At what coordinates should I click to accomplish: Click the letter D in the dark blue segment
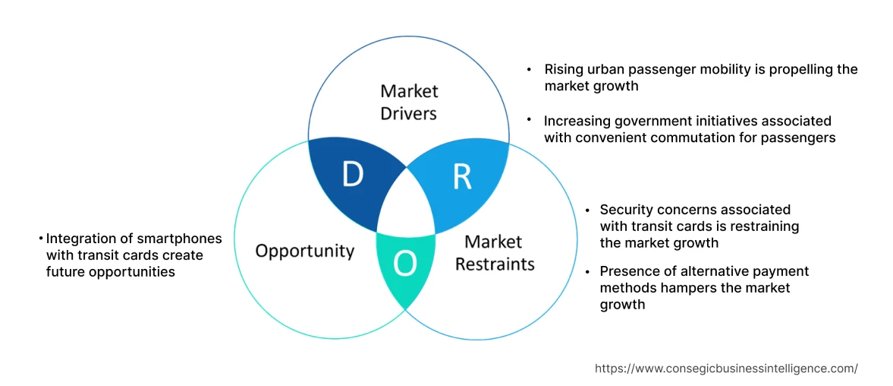352,175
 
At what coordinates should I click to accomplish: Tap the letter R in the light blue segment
462,176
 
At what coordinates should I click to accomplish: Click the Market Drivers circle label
409,103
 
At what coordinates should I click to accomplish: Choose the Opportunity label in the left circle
304,251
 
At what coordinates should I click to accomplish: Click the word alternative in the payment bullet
696,271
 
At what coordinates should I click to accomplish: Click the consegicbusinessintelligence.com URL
726,369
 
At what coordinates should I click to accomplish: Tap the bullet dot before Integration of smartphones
41,239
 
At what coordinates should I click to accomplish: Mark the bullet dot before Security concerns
588,209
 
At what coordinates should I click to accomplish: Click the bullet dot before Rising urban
530,69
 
